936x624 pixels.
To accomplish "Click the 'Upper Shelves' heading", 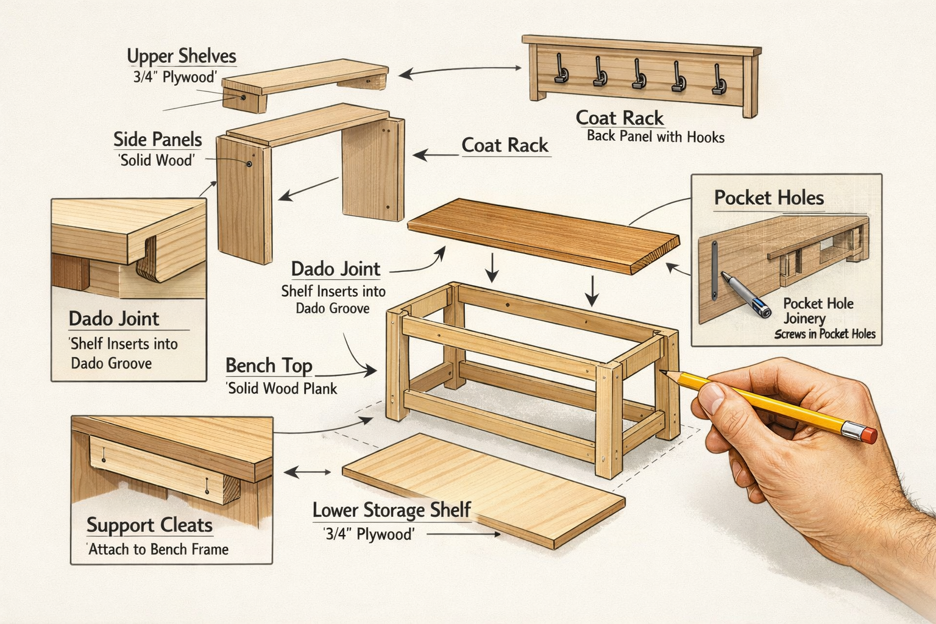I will click(x=181, y=57).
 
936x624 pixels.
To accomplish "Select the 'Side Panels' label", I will click(x=157, y=140).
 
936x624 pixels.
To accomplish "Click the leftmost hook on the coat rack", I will click(x=559, y=69).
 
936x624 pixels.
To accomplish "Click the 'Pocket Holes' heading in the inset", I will click(x=768, y=198).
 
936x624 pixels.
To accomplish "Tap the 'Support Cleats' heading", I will click(x=149, y=525).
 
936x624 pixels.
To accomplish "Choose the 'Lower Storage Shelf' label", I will click(x=391, y=510).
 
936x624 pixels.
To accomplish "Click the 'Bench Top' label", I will click(x=269, y=366).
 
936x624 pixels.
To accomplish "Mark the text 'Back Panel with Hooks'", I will click(x=655, y=136).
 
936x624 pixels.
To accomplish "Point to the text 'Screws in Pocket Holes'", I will click(x=824, y=334).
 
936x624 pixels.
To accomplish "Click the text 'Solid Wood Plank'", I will click(x=282, y=388).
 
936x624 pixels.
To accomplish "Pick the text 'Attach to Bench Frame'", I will click(x=158, y=550).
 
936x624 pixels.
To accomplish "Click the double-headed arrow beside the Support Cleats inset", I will click(x=308, y=472).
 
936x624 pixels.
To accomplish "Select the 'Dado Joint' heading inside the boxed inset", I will click(x=113, y=319).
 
